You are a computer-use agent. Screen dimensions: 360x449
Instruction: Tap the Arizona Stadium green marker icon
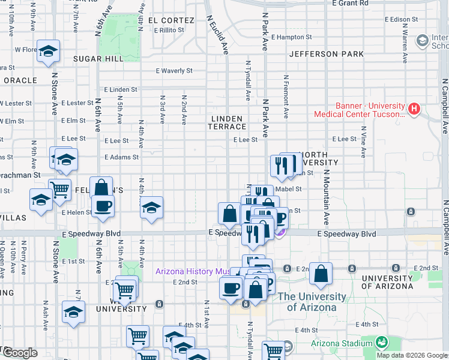[381, 343]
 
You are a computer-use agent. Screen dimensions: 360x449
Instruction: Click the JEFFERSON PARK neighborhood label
[326, 54]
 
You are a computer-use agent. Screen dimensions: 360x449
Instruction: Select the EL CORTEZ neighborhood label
[174, 20]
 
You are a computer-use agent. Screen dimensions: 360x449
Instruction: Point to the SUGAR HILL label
[98, 59]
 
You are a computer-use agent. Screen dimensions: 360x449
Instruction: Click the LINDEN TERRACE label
[227, 122]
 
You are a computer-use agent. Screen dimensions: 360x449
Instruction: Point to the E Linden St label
[120, 89]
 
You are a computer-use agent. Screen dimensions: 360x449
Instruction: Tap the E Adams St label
[121, 157]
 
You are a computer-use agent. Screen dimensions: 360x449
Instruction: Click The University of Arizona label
[312, 302]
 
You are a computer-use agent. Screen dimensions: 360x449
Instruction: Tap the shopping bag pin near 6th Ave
[101, 187]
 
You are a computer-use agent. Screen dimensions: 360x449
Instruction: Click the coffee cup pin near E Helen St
[103, 206]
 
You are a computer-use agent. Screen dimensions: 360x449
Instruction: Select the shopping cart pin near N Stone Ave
[59, 190]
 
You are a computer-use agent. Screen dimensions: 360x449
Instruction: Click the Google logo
[20, 353]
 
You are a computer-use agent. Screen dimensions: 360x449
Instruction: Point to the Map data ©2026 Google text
[411, 355]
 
